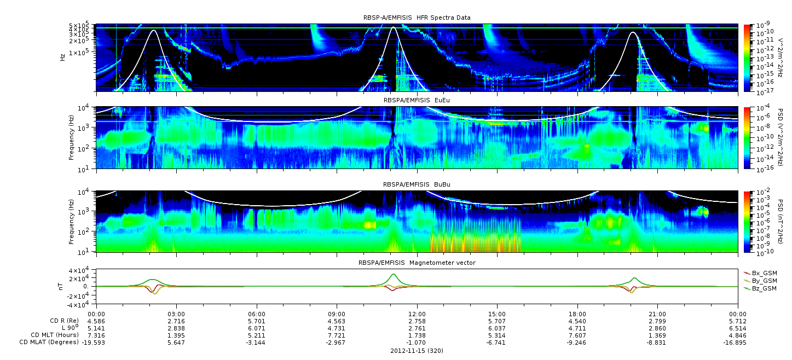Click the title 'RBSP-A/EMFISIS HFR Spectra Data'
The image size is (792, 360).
point(417,18)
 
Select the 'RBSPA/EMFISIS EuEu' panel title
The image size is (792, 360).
point(417,100)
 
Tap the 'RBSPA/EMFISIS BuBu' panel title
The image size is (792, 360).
point(417,184)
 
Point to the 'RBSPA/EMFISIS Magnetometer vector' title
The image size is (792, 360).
point(417,263)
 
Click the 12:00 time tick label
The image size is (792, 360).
point(417,314)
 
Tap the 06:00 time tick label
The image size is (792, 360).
point(257,314)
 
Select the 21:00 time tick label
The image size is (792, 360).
point(657,314)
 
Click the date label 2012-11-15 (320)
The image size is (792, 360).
point(417,351)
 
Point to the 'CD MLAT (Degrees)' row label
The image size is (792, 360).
point(49,342)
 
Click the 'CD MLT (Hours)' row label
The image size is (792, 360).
point(55,335)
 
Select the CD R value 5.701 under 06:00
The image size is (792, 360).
point(257,322)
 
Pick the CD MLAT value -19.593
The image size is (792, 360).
point(94,342)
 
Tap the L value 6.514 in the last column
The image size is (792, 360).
point(738,329)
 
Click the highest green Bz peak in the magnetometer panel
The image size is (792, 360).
point(393,274)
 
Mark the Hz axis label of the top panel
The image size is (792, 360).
point(62,57)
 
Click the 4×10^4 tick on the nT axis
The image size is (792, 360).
point(82,271)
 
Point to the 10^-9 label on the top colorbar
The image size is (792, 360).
point(762,25)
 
